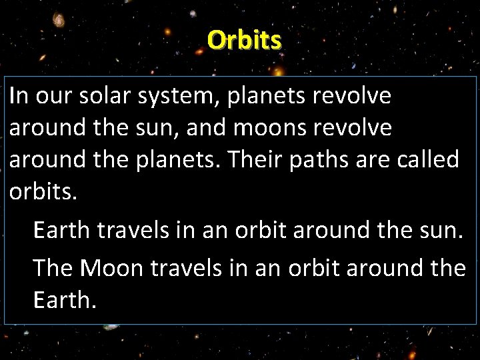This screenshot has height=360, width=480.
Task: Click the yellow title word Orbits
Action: point(244,41)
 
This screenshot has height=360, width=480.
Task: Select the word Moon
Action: point(113,267)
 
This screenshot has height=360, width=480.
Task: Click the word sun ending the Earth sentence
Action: point(446,231)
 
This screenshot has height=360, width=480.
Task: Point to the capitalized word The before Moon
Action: point(53,267)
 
